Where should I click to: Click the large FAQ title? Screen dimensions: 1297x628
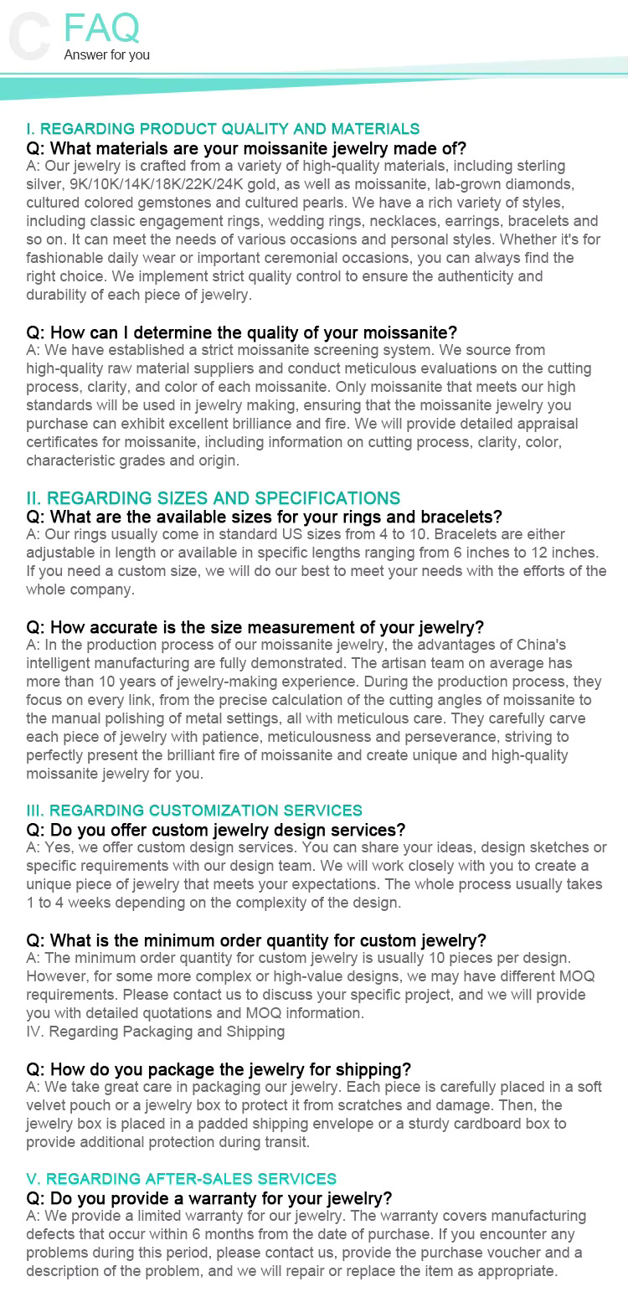click(x=101, y=28)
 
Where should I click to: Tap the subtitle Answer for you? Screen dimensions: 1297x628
click(x=107, y=55)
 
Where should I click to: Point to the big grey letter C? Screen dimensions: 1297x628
click(x=30, y=38)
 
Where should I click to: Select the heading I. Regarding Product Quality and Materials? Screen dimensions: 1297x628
click(x=223, y=129)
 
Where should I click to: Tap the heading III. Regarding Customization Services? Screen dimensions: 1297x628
click(x=194, y=811)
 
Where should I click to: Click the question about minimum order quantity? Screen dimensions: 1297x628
click(x=268, y=939)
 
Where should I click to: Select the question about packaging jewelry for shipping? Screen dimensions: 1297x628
click(x=230, y=1068)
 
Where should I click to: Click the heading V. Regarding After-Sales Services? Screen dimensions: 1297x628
click(x=182, y=1179)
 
